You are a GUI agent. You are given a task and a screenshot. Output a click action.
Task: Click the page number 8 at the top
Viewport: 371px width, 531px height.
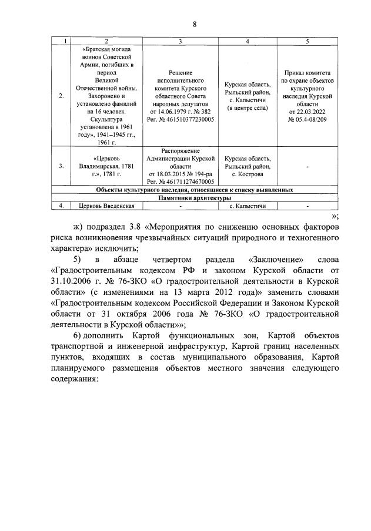click(x=194, y=24)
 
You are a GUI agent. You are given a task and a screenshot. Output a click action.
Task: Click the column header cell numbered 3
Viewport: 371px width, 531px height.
click(x=181, y=41)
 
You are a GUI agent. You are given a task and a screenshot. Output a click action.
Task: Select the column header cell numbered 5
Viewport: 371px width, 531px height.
click(x=308, y=41)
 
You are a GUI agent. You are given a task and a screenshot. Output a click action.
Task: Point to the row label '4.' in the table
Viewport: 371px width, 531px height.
click(x=62, y=206)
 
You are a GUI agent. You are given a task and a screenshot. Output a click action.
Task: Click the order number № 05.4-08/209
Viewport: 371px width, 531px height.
click(x=308, y=119)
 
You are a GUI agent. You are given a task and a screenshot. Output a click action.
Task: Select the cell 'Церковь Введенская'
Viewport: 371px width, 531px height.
click(x=106, y=206)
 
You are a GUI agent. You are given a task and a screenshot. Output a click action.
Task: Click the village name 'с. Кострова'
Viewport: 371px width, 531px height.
click(x=247, y=174)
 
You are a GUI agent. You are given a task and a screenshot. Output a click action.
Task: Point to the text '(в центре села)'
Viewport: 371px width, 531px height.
click(x=247, y=107)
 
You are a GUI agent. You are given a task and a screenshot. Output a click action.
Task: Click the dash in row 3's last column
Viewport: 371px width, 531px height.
click(x=308, y=166)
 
